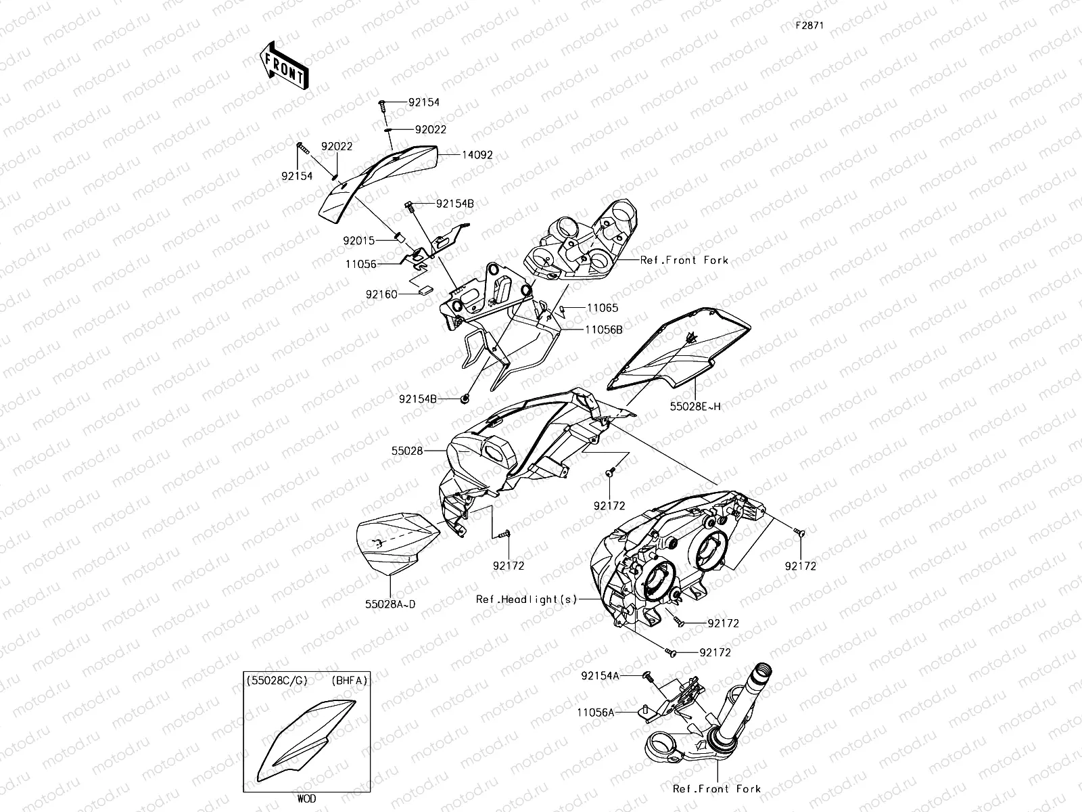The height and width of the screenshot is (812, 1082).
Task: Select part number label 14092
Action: pyautogui.click(x=477, y=155)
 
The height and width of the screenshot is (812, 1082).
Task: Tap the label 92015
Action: pyautogui.click(x=359, y=240)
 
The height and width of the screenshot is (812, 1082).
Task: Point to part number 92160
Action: pyautogui.click(x=383, y=294)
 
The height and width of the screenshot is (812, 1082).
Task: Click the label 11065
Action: pyautogui.click(x=602, y=308)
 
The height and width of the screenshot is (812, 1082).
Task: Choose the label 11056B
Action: pyautogui.click(x=604, y=330)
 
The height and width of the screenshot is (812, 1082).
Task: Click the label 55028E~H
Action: pyautogui.click(x=695, y=406)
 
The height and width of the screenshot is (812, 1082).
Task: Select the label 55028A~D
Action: pyautogui.click(x=390, y=604)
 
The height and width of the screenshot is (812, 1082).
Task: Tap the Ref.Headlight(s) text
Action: pyautogui.click(x=526, y=599)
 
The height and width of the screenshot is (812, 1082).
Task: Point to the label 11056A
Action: pyautogui.click(x=596, y=712)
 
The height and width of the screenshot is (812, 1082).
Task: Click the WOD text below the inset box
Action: pyautogui.click(x=306, y=799)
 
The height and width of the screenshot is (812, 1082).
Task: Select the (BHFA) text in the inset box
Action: pyautogui.click(x=349, y=681)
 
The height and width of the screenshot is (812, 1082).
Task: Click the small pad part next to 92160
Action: pyautogui.click(x=425, y=290)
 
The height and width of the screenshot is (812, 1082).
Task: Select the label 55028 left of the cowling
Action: pyautogui.click(x=406, y=450)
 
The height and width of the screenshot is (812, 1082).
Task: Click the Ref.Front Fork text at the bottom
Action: pyautogui.click(x=717, y=789)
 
